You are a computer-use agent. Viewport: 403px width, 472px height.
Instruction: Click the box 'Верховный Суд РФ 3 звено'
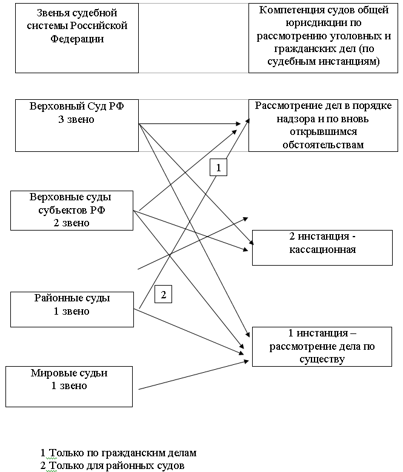tap(77, 125)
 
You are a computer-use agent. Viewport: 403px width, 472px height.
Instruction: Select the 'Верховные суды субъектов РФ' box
tap(72, 211)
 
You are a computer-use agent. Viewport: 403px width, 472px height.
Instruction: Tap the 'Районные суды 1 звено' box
tap(72, 309)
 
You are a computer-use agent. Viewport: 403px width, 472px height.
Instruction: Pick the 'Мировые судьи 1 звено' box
tap(69, 387)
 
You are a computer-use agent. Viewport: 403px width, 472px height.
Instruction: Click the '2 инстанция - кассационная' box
tap(322, 247)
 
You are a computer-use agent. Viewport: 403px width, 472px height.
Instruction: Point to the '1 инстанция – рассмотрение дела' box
tap(322, 347)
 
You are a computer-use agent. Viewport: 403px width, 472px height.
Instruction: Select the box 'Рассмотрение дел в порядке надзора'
tap(323, 125)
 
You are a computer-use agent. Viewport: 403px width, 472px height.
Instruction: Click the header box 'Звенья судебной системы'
tap(77, 38)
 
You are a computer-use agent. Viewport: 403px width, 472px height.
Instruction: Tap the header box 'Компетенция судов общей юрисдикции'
tap(323, 38)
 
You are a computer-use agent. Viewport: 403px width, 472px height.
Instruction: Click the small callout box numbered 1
tap(219, 168)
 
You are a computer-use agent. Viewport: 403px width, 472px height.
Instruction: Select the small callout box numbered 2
tap(164, 294)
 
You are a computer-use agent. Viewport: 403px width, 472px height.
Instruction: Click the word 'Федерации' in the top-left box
tap(77, 39)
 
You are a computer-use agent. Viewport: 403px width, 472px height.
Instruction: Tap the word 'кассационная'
tap(322, 249)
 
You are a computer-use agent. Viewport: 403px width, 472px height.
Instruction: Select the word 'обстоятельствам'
tap(323, 145)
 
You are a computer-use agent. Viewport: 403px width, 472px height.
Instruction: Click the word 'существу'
tap(322, 359)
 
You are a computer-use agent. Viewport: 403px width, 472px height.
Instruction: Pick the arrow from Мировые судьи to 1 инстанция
tap(193, 375)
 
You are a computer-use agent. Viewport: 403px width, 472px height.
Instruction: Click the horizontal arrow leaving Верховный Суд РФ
tap(190, 123)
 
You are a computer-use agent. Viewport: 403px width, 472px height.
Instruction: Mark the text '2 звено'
tap(72, 223)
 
